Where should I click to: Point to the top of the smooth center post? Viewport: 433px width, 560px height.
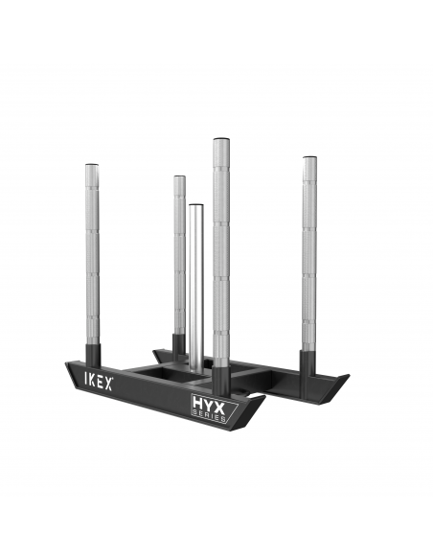coord(195,207)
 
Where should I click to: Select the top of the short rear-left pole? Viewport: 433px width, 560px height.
coord(179,178)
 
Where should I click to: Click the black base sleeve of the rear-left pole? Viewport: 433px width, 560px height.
coord(179,343)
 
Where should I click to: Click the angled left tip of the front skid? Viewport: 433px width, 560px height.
coord(69,366)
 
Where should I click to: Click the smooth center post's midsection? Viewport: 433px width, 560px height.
coord(195,288)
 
